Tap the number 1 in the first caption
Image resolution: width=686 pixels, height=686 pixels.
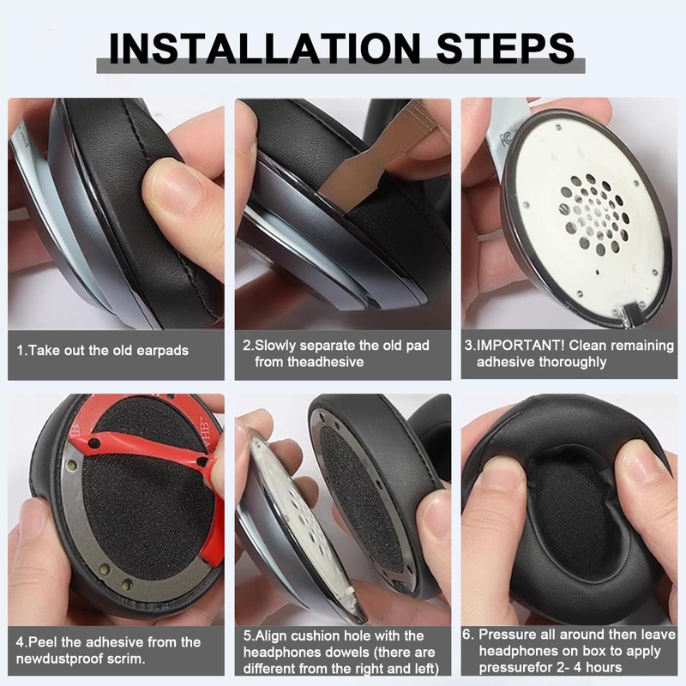20,351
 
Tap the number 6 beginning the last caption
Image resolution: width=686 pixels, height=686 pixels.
466,635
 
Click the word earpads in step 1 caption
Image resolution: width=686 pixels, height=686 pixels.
159,351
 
